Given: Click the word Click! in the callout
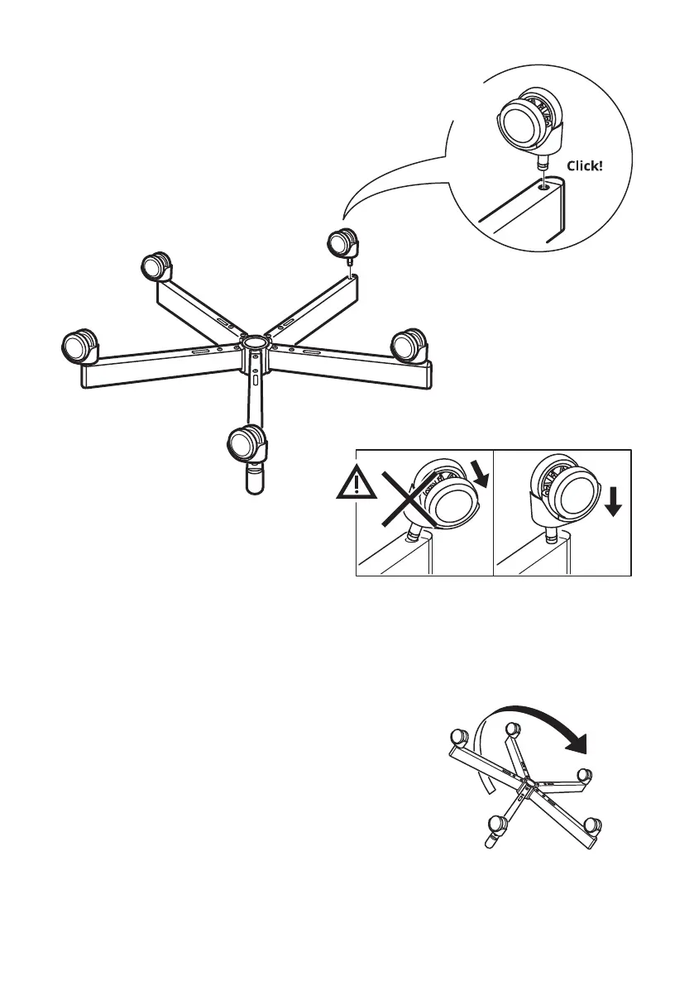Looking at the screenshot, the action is pos(585,165).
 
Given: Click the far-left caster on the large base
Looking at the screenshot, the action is pos(81,346).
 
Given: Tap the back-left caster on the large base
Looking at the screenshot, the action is pos(155,267).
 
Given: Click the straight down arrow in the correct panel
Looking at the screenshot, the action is pos(612,500).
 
